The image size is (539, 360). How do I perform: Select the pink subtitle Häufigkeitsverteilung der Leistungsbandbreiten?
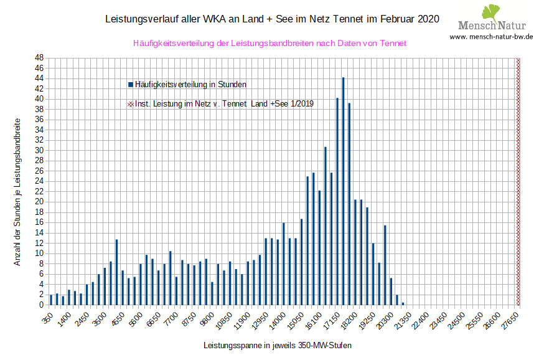(x=269, y=44)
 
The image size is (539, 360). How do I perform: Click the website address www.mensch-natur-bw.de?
(x=491, y=37)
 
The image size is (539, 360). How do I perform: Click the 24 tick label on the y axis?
(x=39, y=181)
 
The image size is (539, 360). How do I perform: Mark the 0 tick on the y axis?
(x=41, y=305)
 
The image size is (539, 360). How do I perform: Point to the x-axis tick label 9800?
(x=209, y=317)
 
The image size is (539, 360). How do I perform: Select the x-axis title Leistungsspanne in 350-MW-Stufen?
(x=281, y=344)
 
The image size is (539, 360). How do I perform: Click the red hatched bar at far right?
(x=518, y=181)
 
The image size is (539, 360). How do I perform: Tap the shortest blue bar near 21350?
(x=403, y=303)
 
